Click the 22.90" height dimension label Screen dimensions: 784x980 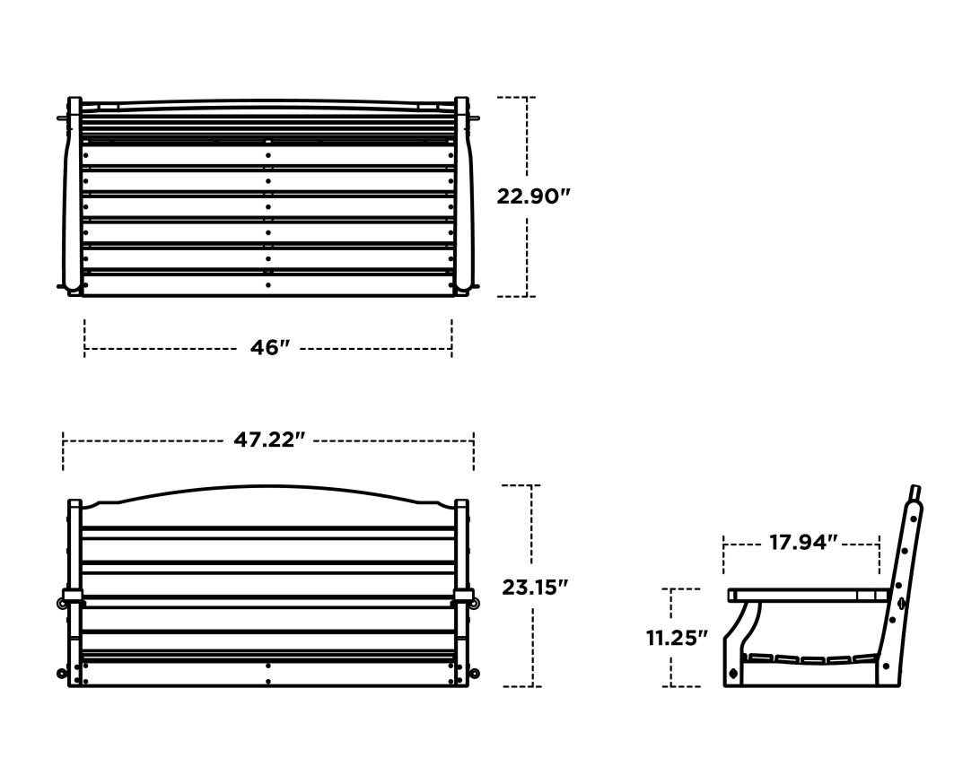click(x=534, y=196)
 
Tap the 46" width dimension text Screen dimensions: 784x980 click(x=266, y=348)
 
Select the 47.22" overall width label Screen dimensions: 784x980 click(x=269, y=440)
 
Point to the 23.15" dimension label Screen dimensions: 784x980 click(x=535, y=588)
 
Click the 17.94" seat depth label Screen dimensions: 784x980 click(x=803, y=543)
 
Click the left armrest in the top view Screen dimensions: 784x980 click(x=72, y=197)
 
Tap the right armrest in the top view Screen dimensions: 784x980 click(x=464, y=197)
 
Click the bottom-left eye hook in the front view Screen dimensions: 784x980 click(x=62, y=674)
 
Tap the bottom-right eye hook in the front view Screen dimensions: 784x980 click(x=475, y=674)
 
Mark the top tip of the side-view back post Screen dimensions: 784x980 click(x=914, y=491)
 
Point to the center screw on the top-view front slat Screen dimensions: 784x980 click(x=267, y=286)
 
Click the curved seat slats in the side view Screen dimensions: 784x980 click(x=808, y=661)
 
